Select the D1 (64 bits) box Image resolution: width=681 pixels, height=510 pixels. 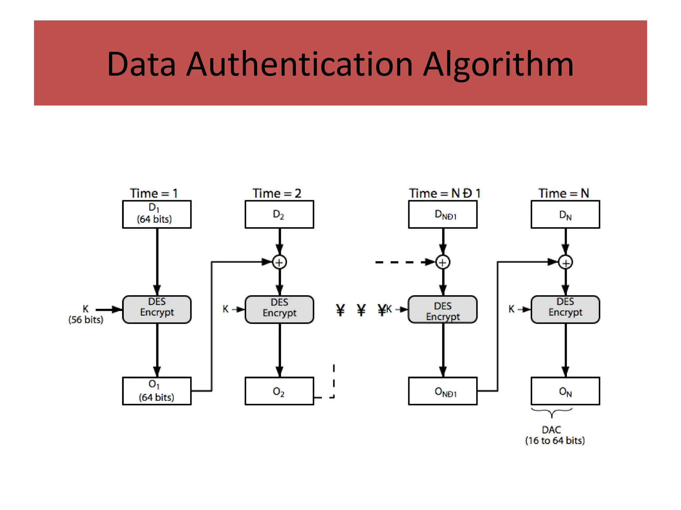pos(157,214)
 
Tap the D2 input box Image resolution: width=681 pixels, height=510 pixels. pos(279,214)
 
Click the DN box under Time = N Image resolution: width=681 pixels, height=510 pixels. pos(565,214)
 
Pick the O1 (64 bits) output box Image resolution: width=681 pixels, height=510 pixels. pos(157,391)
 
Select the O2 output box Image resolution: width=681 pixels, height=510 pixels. pos(279,391)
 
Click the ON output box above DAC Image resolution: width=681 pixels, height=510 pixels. pos(565,391)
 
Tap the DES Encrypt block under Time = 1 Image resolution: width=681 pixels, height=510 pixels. pos(157,309)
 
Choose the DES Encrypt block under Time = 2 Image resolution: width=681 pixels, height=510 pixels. pos(279,309)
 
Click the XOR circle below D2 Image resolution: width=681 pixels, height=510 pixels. pos(279,262)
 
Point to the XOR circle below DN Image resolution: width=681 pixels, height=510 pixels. pos(565,262)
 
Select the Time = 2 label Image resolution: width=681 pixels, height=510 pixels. pos(277,193)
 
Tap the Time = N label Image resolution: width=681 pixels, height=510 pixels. pos(564,193)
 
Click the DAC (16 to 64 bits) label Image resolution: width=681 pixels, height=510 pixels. pos(555,435)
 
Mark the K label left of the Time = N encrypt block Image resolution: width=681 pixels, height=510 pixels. pos(511,309)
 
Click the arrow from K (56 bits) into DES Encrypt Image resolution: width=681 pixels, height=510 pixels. pos(109,309)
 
